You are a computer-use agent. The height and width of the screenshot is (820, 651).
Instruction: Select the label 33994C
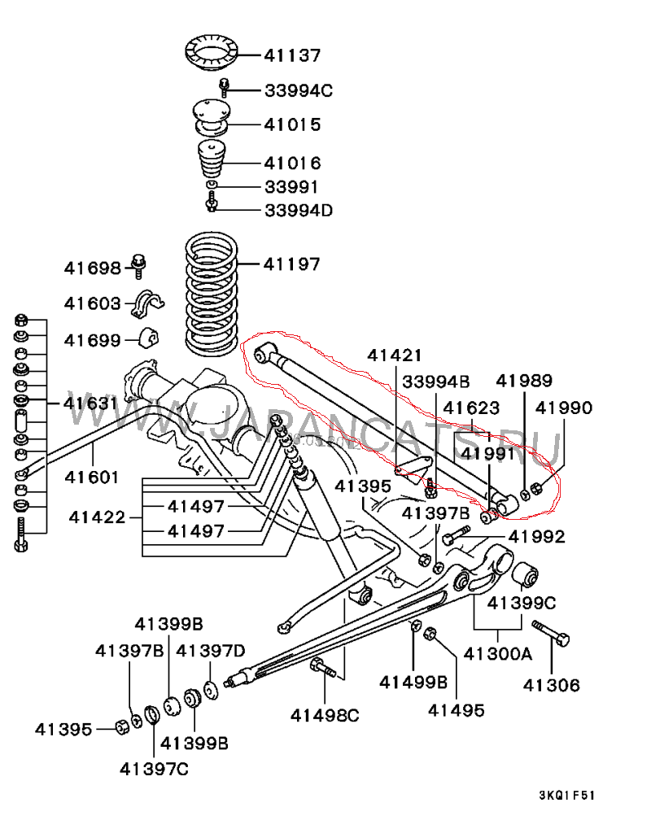(299, 90)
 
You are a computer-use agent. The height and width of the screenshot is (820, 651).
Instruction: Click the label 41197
(291, 264)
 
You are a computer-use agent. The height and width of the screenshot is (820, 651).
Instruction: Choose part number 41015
(292, 125)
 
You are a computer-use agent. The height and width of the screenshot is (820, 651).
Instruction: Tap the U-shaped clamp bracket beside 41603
(146, 303)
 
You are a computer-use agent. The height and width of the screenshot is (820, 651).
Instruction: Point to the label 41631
(91, 403)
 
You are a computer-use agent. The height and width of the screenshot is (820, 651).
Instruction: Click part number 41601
(93, 478)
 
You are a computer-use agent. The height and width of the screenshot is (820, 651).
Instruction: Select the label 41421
(395, 355)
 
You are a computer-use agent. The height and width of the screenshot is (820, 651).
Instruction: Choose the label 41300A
(498, 652)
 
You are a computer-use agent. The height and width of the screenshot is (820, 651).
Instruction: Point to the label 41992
(535, 536)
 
